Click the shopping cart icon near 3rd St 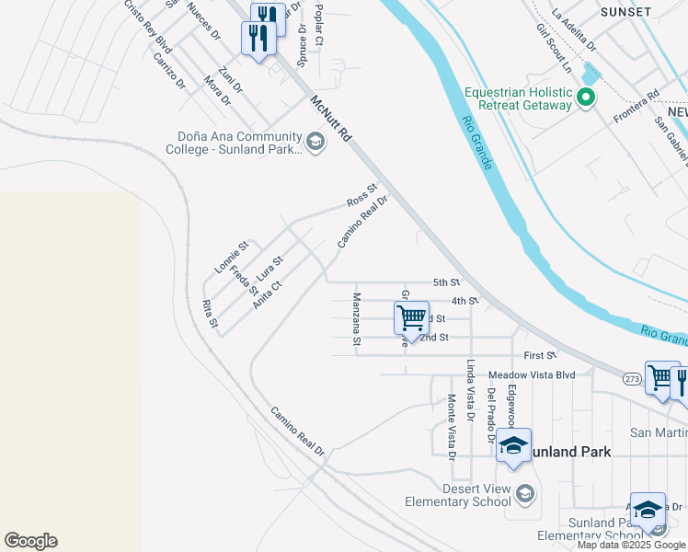point(412,317)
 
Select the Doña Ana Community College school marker point(315,141)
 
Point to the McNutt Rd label point(331,119)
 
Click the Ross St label point(362,195)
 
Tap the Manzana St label point(356,319)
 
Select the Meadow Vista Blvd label point(531,375)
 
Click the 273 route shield point(632,377)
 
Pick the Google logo point(30,541)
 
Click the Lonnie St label point(232,258)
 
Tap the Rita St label point(210,314)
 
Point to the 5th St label point(446,282)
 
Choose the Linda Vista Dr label point(470,390)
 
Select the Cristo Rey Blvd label point(148,27)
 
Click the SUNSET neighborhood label point(625,12)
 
